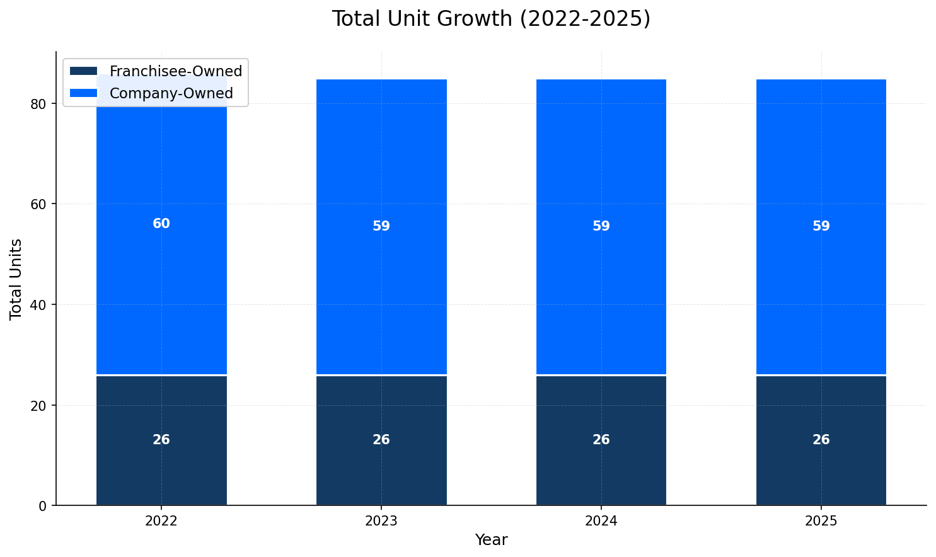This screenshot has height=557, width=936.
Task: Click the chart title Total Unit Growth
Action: point(490,19)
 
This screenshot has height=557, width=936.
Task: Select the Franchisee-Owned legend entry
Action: point(175,71)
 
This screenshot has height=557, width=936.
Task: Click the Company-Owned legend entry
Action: point(171,93)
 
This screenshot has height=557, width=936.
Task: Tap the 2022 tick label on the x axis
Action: point(161,521)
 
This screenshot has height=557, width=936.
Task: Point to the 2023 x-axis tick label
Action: point(381,521)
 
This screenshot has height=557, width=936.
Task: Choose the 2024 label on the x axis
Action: point(601,521)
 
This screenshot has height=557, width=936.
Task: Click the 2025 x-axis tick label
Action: point(821,521)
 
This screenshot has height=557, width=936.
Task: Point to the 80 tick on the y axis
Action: point(38,104)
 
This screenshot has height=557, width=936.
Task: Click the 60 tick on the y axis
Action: point(38,204)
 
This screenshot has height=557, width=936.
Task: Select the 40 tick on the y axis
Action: point(38,305)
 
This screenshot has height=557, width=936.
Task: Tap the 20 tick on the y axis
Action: point(38,405)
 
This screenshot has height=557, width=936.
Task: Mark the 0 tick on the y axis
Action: point(43,506)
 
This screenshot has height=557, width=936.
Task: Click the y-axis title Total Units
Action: point(16,279)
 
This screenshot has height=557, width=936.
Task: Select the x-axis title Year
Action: point(491,540)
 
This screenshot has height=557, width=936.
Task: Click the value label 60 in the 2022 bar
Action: point(161,224)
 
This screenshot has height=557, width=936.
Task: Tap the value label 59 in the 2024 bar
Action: point(601,226)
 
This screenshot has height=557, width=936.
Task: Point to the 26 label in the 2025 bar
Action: point(821,440)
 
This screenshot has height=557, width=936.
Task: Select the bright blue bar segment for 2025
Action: point(821,158)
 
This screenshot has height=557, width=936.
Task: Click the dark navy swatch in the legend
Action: point(84,71)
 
